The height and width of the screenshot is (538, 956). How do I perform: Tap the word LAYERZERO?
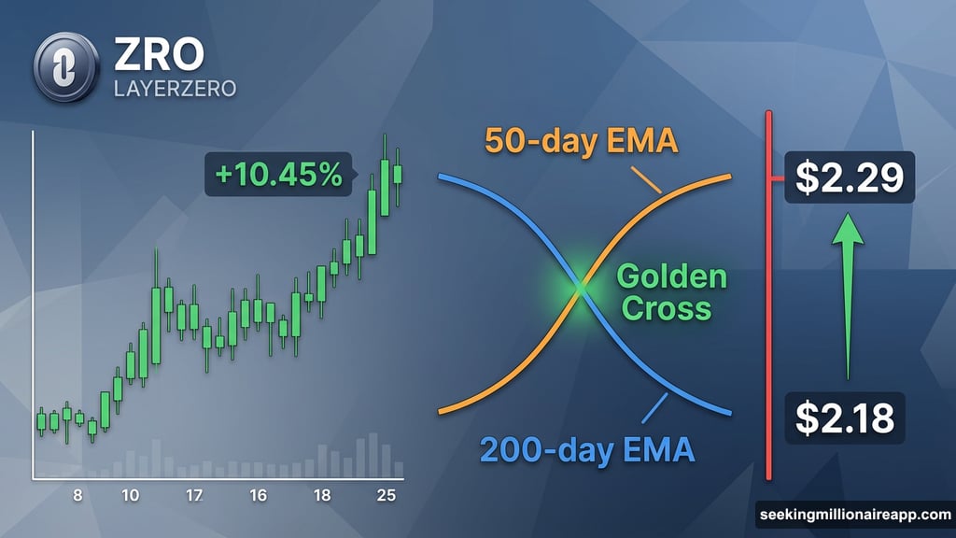[x=175, y=90]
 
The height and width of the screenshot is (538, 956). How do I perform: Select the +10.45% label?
[x=277, y=175]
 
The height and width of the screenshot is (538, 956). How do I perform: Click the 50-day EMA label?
[x=581, y=144]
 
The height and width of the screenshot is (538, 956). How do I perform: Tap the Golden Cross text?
[x=671, y=291]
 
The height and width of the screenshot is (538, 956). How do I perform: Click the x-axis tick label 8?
[x=77, y=495]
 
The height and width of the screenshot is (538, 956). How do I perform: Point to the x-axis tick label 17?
[x=195, y=495]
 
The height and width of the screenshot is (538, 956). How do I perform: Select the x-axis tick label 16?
[x=259, y=495]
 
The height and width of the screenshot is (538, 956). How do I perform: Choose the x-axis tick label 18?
[x=323, y=495]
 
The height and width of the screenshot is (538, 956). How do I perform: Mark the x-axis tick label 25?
[x=384, y=495]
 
